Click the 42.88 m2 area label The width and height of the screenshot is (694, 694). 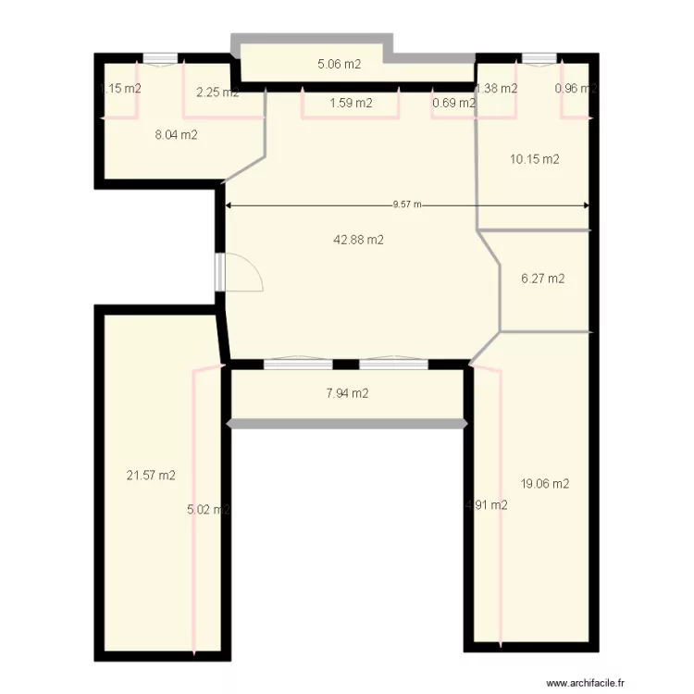tap(358, 240)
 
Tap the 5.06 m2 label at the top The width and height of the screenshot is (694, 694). tap(339, 65)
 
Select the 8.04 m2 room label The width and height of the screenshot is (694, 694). tap(175, 135)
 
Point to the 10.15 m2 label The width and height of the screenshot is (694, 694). tap(534, 159)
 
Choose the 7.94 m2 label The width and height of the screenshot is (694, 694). tap(347, 394)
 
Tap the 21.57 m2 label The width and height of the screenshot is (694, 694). tap(151, 476)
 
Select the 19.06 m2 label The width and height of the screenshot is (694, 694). tap(544, 483)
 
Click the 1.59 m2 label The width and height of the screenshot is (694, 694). tap(351, 104)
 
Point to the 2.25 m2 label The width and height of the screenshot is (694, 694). tap(217, 92)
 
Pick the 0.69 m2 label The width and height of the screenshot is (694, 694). tap(453, 104)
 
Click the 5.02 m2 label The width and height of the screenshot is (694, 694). tap(208, 509)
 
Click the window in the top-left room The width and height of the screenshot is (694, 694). tap(160, 58)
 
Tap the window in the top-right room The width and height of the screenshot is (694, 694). tap(535, 58)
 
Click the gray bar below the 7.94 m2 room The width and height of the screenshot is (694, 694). tap(347, 424)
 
